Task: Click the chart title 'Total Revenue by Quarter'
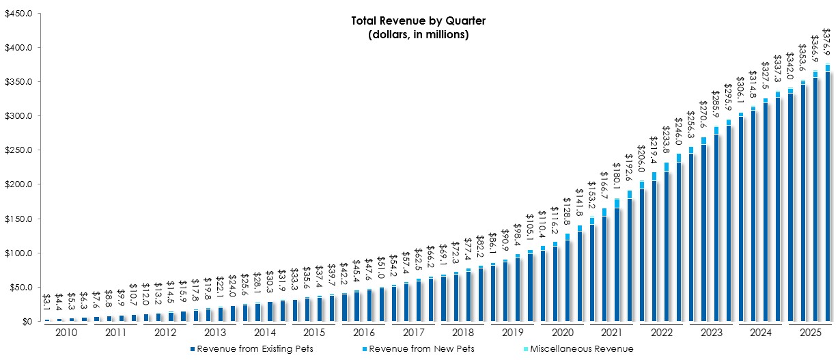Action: click(x=419, y=20)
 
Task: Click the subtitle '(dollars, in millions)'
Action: click(x=419, y=34)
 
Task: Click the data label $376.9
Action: click(x=826, y=42)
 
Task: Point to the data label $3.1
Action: click(x=47, y=301)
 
